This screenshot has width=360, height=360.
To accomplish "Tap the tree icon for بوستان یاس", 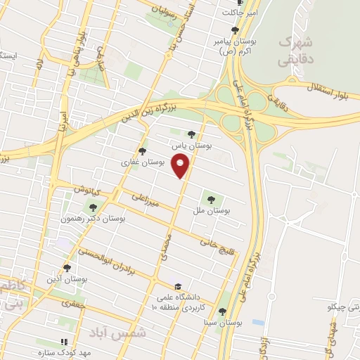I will point(191,134).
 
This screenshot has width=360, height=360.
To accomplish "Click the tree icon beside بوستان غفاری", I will point(143,150).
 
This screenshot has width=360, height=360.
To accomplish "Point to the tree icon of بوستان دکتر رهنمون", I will point(91,207).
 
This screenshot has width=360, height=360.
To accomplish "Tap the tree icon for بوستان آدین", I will point(66,267).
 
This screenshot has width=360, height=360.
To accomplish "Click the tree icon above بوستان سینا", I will point(222,311).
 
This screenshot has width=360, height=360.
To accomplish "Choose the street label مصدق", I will point(167,248).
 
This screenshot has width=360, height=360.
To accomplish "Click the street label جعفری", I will point(72,304).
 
